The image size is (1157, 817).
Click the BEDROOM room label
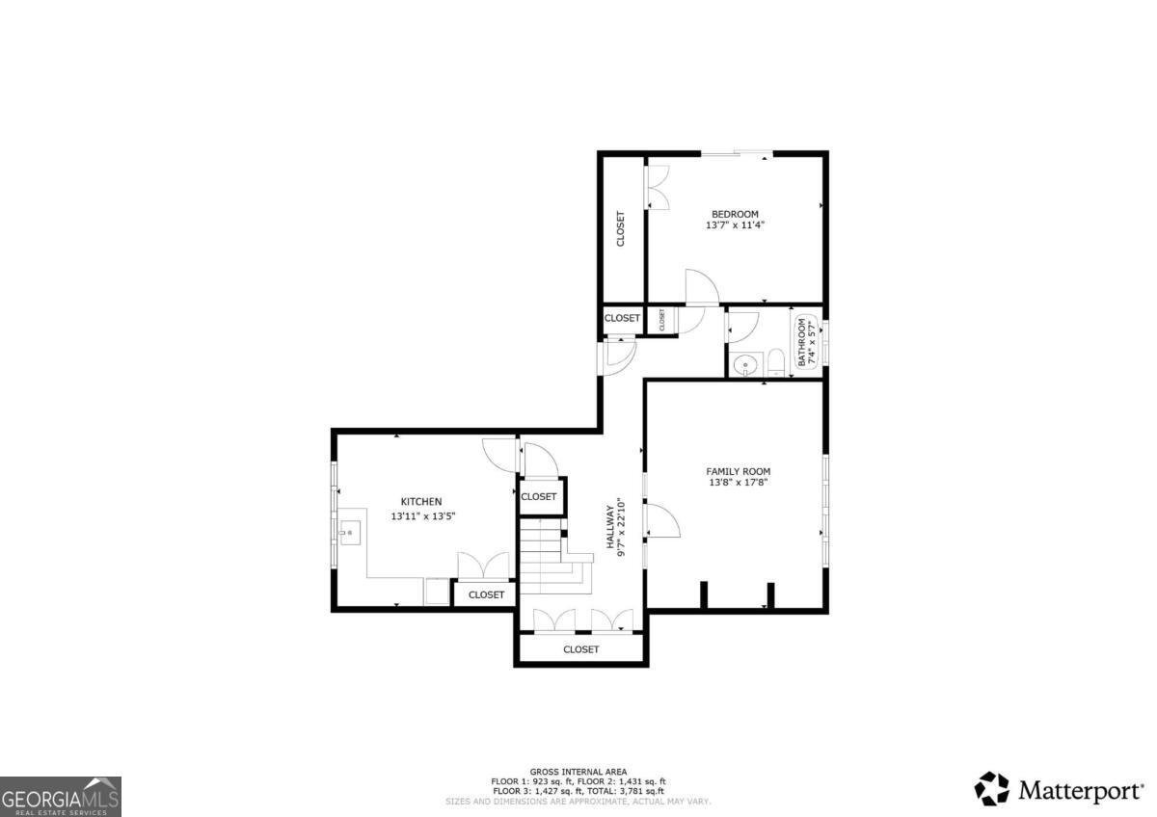click(x=735, y=214)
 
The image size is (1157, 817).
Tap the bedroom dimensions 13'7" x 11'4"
click(x=735, y=225)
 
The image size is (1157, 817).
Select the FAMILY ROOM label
click(x=738, y=471)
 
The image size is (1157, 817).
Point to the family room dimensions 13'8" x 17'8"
click(x=738, y=483)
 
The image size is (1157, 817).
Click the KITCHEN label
click(x=421, y=501)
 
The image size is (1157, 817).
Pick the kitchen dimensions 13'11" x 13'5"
click(x=421, y=516)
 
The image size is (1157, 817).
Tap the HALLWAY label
click(x=610, y=528)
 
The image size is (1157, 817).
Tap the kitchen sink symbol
click(x=349, y=530)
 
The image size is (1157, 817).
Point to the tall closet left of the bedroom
click(x=621, y=228)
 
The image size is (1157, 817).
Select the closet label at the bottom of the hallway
click(x=580, y=649)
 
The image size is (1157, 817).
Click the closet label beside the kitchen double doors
click(x=486, y=594)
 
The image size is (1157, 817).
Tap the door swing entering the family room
click(x=662, y=520)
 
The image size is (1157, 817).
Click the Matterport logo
click(x=1059, y=790)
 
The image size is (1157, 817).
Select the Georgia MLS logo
click(x=61, y=796)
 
